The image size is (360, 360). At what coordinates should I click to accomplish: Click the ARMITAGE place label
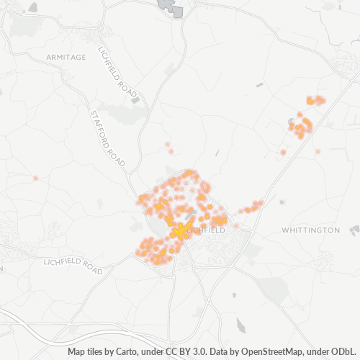[x=66, y=56]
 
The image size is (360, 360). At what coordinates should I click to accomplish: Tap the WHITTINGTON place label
[x=310, y=230]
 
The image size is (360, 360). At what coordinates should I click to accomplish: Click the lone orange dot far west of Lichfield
[x=35, y=178]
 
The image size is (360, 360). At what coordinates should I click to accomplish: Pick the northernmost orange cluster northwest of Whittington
[x=315, y=99]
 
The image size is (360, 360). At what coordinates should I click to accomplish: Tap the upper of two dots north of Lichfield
[x=167, y=144]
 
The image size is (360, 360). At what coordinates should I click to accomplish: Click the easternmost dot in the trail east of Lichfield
[x=260, y=202]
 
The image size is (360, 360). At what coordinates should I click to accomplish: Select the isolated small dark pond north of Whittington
[x=259, y=85]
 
